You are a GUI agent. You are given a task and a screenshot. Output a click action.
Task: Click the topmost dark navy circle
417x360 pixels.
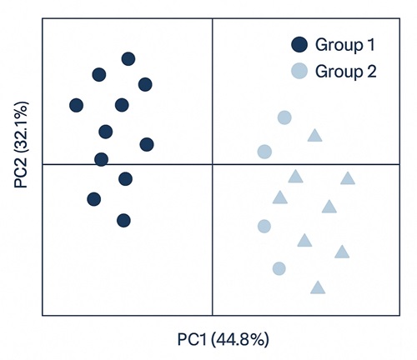coord(128,58)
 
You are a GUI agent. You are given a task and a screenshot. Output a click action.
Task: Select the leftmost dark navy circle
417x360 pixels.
coord(77,105)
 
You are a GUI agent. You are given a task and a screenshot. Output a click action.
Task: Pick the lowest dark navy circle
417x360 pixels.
coord(123,220)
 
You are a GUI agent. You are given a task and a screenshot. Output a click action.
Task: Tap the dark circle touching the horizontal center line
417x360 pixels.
coord(101,159)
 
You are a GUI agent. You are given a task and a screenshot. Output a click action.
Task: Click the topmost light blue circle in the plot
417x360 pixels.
coord(284,117)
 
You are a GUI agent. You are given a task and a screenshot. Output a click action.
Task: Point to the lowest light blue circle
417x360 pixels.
coord(279,268)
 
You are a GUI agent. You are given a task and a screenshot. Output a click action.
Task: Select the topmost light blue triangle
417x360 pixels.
coord(314,136)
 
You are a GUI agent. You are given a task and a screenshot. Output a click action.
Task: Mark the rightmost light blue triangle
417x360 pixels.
coord(348,178)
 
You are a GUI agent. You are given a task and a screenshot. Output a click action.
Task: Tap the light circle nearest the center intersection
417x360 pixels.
coord(264,152)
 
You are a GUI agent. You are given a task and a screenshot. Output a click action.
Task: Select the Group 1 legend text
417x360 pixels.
coord(345,45)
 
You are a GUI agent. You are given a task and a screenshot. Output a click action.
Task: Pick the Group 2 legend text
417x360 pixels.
coord(346,71)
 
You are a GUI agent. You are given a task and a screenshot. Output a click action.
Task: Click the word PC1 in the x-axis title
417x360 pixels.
coord(191,340)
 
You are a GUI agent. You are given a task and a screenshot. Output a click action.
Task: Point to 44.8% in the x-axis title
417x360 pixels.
coord(239,340)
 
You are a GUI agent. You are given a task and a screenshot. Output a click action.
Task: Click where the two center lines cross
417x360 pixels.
coord(214,164)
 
